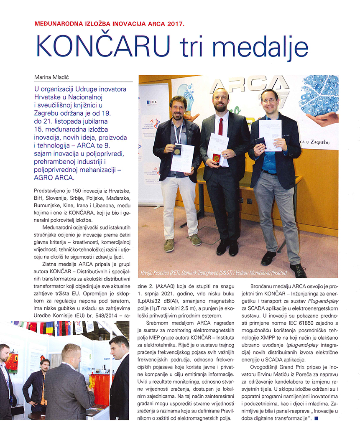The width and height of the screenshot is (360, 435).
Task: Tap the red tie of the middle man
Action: (x=220, y=125)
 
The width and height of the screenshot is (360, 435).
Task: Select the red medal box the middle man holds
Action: (x=216, y=158)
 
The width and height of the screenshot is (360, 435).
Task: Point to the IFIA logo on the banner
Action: (x=152, y=102)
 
